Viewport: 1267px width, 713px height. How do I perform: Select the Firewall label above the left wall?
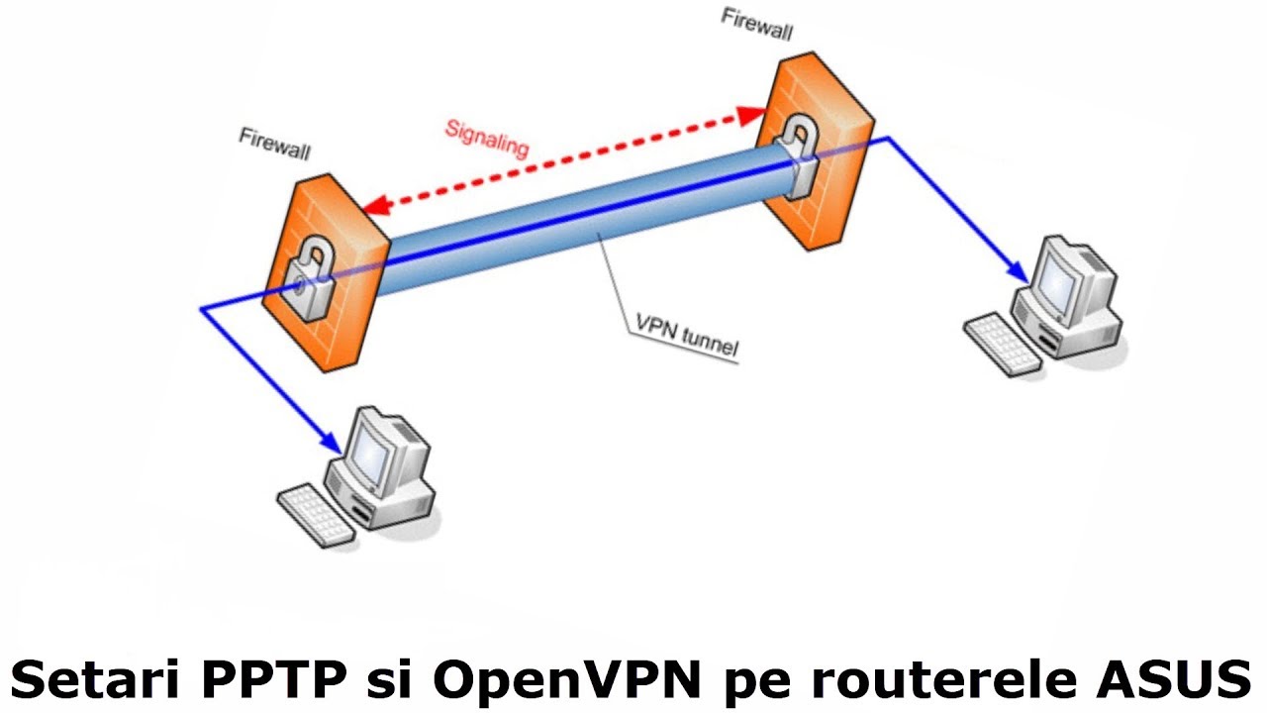pos(274,143)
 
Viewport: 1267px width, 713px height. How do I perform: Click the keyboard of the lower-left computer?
pos(315,513)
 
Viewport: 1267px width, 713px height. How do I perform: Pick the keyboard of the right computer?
pos(1002,343)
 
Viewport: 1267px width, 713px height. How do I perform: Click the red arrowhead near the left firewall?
pos(370,206)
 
